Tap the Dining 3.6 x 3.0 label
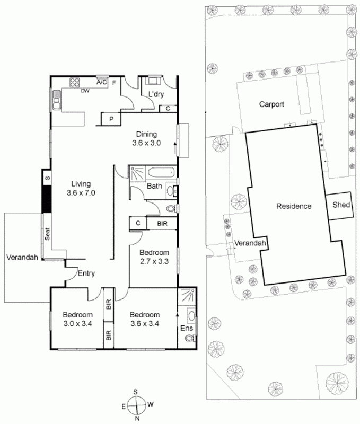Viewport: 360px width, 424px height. (x=146, y=138)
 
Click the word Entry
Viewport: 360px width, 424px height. (x=86, y=273)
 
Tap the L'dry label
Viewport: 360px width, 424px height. (x=155, y=94)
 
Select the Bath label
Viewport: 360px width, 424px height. (x=154, y=186)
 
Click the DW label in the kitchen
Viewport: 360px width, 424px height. (x=84, y=91)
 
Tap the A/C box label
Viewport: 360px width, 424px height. (x=102, y=83)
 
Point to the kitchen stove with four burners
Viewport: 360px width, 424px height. (x=75, y=83)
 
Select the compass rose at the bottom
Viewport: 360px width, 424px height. (x=137, y=404)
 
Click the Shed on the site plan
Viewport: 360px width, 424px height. (x=341, y=205)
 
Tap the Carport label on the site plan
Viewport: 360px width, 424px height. (x=271, y=104)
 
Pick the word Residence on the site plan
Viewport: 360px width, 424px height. (x=293, y=206)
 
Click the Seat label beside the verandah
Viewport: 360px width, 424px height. (x=47, y=234)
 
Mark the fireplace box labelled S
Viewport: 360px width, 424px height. (x=47, y=178)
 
